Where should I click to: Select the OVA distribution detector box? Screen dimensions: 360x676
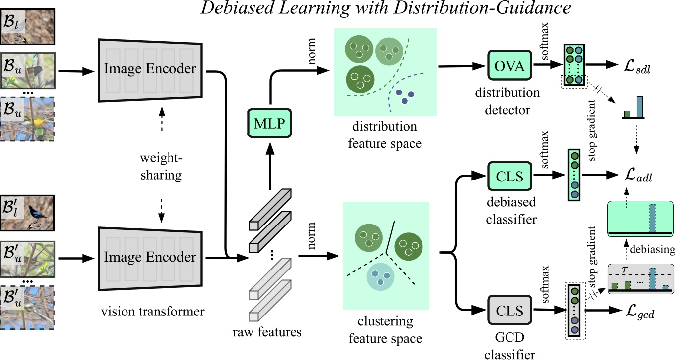pos(509,67)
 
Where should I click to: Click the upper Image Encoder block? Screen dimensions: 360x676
pos(150,69)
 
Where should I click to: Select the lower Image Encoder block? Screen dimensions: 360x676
pos(150,257)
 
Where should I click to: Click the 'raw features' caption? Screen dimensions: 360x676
pos(267,332)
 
